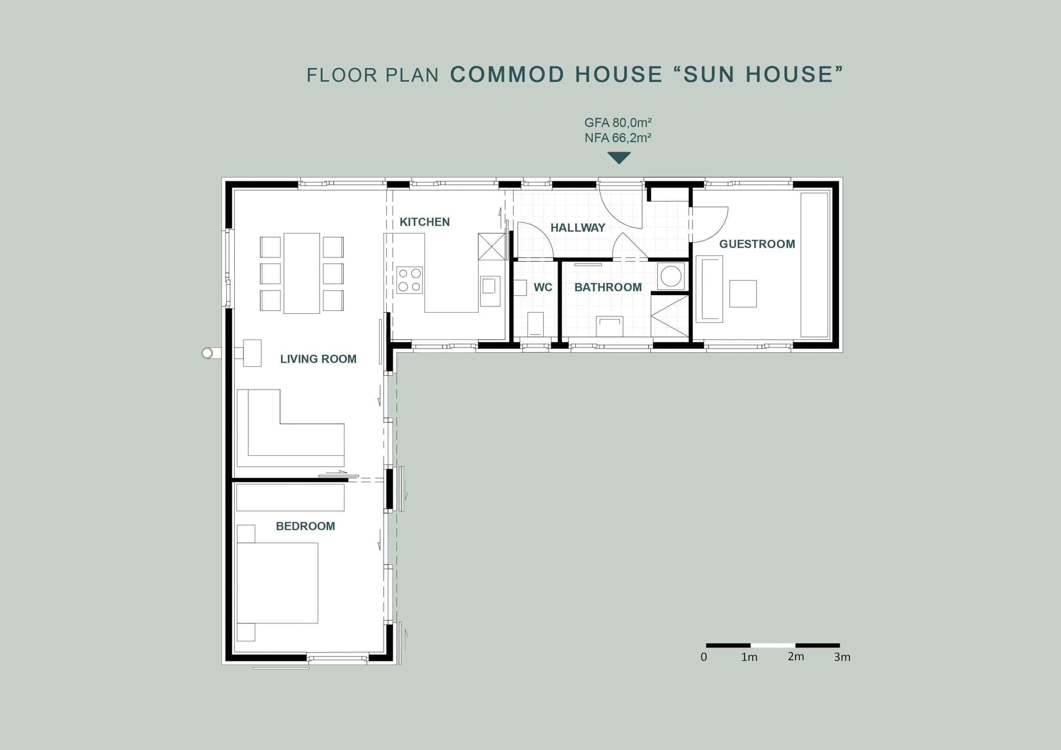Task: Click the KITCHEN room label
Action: coord(424,222)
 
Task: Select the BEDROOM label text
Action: coord(305,526)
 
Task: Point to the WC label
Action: coord(543,288)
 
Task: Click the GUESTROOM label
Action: coord(757,244)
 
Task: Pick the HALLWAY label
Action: coord(578,227)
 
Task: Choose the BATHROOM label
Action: coord(608,287)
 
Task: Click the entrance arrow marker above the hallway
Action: coord(619,157)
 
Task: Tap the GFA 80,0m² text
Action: coord(618,123)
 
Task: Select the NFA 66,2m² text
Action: coord(618,138)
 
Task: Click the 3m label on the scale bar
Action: coord(842,657)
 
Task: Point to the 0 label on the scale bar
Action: coord(704,657)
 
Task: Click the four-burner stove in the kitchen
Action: coord(409,280)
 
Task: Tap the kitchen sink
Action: coord(490,291)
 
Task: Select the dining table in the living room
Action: coord(302,273)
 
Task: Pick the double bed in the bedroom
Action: coord(277,583)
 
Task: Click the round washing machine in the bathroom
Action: coord(671,276)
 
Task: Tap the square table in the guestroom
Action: coord(743,293)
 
